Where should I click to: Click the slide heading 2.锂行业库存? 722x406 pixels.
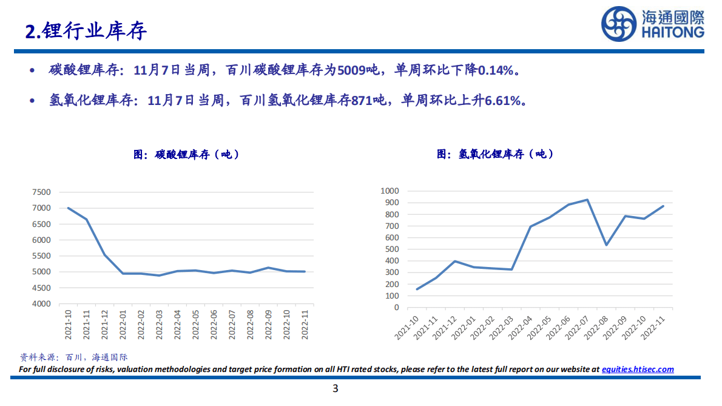coord(86,31)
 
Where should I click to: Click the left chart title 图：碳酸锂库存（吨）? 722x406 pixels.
coord(186,154)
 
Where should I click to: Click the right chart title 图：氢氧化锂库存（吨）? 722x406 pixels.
coord(495,154)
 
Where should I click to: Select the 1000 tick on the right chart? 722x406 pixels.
coord(388,191)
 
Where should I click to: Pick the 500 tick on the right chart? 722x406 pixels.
coord(391,249)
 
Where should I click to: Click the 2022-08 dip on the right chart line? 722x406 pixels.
coord(606,245)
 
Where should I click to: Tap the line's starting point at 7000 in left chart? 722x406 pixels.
coord(68,208)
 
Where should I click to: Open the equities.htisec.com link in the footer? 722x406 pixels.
coord(637,369)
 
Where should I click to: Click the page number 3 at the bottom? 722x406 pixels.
coord(335,389)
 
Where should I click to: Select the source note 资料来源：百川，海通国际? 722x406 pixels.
coord(73,357)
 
